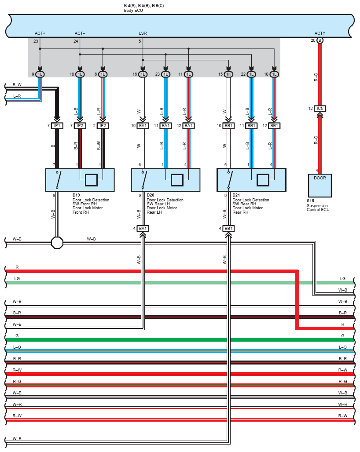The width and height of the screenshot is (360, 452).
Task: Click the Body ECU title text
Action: pyautogui.click(x=133, y=11)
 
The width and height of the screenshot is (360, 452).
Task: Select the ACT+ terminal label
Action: pyautogui.click(x=40, y=33)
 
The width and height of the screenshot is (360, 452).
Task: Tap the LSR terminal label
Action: pyautogui.click(x=143, y=33)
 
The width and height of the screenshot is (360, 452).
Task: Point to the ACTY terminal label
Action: pyautogui.click(x=320, y=33)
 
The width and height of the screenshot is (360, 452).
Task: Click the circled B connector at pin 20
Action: pyautogui.click(x=320, y=40)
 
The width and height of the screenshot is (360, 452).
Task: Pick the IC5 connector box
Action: pyautogui.click(x=320, y=109)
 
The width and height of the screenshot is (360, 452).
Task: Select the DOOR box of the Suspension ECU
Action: pyautogui.click(x=320, y=186)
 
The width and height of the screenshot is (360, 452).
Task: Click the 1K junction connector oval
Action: pyautogui.click(x=228, y=74)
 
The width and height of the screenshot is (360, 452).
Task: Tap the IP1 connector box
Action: pyautogui.click(x=57, y=126)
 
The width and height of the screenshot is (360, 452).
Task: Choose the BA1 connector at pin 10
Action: pyautogui.click(x=143, y=126)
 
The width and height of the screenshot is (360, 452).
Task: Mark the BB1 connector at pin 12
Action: pyautogui.click(x=274, y=126)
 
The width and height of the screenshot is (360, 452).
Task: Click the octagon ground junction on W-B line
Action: pyautogui.click(x=57, y=243)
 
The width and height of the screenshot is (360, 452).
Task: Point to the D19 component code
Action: pyautogui.click(x=76, y=195)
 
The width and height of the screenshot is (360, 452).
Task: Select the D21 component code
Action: pyautogui.click(x=236, y=195)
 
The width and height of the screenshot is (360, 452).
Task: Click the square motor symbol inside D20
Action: pyautogui.click(x=177, y=180)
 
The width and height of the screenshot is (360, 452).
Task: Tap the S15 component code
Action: pyautogui.click(x=310, y=201)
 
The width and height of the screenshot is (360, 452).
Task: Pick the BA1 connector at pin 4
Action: pyautogui.click(x=143, y=229)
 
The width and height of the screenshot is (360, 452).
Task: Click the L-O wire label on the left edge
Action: pyautogui.click(x=17, y=347)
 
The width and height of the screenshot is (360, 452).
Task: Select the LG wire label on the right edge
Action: pyautogui.click(x=343, y=278)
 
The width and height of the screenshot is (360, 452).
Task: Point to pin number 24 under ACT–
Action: pyautogui.click(x=76, y=41)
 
